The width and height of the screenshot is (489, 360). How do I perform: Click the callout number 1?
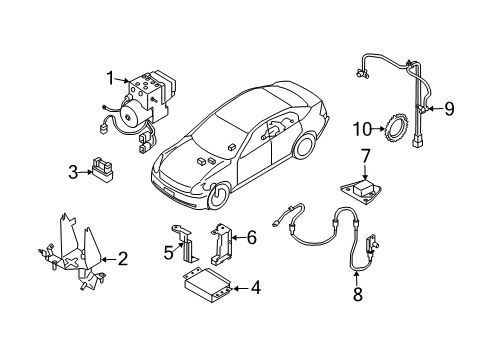tap(111, 78)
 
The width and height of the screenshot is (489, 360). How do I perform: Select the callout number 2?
tap(123, 259)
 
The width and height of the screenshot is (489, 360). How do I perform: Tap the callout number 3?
tap(73, 172)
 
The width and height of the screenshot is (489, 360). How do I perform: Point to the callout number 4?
tap(256, 288)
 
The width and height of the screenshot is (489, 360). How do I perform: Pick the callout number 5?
tap(169, 253)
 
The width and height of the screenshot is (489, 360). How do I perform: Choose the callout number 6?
tap(252, 238)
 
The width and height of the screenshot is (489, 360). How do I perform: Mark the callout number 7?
tap(366, 156)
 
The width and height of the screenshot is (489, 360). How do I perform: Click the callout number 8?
tap(358, 294)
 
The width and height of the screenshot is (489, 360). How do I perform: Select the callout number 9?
tap(449, 109)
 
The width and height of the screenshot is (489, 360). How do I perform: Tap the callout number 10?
tap(362, 129)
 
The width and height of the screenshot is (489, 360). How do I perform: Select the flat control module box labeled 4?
tap(207, 285)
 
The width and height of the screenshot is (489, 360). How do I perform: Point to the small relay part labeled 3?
tap(102, 170)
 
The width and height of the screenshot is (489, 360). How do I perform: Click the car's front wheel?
tap(218, 196)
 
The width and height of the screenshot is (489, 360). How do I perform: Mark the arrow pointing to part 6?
tap(239, 238)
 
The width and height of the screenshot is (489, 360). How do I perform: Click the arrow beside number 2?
tap(110, 259)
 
